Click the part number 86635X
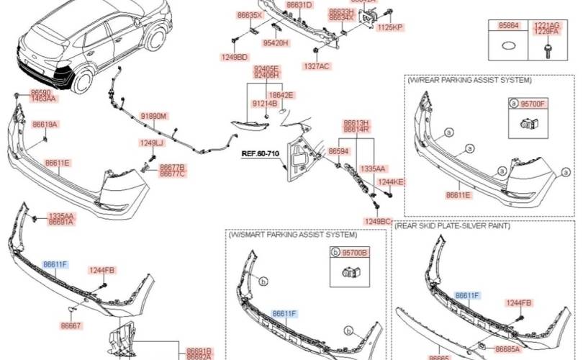pos(250,14)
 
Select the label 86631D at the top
pos(299,5)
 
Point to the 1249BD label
pos(234,56)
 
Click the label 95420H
pos(276,43)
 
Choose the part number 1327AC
pos(316,66)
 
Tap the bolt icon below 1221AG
pos(546,48)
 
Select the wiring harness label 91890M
pos(153,115)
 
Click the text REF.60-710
pos(259,153)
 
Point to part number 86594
pos(338,151)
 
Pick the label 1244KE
pos(391,182)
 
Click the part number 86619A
pos(45,125)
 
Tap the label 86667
pos(71,326)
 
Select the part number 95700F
pos(533,104)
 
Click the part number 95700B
pos(354,253)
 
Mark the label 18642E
pos(281,94)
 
